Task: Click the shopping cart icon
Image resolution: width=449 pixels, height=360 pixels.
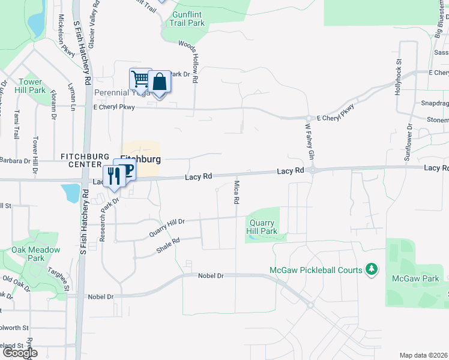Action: point(140,78)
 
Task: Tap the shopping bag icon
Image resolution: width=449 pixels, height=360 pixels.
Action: point(160,82)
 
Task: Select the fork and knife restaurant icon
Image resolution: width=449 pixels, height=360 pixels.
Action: point(112,176)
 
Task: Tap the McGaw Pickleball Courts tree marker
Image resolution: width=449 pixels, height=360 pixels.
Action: point(372,269)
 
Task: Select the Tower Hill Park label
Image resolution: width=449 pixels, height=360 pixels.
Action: point(30,86)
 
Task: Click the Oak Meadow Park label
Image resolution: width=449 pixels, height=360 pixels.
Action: point(36,254)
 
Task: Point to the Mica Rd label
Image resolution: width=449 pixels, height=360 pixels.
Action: point(237,191)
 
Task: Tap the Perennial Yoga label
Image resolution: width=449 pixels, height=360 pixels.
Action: point(120,93)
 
